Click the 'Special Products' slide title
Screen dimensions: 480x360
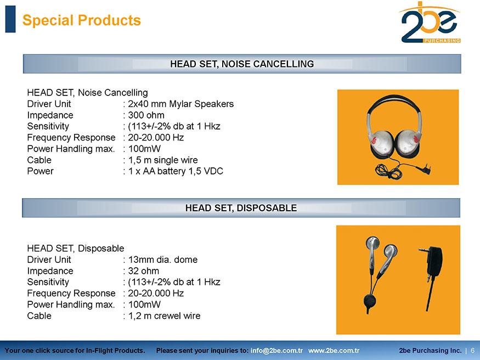81,20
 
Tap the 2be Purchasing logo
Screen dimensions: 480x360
430,22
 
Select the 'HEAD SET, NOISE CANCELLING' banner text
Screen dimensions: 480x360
242,64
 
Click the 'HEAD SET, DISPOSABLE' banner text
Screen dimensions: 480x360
241,208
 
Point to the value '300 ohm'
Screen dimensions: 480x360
146,115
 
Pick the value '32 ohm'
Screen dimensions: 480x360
143,271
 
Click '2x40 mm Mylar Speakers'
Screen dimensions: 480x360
180,104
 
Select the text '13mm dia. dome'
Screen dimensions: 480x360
162,260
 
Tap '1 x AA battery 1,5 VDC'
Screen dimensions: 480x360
176,171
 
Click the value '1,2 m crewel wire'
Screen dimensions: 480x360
164,316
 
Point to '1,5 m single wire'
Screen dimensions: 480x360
162,160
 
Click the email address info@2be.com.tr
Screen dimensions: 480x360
276,351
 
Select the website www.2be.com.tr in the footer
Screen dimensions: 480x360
334,351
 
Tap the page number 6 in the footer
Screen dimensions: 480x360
473,351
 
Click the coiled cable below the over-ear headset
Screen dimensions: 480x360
388,171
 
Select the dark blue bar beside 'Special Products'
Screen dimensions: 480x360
10,19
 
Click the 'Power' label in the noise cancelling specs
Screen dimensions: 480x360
40,171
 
